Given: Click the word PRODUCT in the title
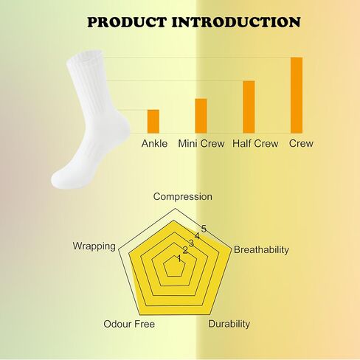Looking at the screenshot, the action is coord(127,22).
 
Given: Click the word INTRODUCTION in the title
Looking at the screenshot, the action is coord(236,22).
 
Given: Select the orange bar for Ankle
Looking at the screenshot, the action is coord(153,122).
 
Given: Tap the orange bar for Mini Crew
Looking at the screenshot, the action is coord(201,116).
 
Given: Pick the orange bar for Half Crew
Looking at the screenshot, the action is coord(249,107).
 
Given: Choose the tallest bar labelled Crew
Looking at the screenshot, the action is coord(297,95).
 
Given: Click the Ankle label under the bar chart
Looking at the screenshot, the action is coord(154,144).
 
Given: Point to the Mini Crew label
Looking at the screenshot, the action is coord(201,144).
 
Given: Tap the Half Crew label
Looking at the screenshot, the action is coord(255,144).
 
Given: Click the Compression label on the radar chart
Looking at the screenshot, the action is coord(183,197).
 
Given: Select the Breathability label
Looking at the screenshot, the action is coord(261,250).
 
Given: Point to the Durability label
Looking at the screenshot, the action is coord(229,324).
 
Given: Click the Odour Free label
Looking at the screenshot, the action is coord(129,324).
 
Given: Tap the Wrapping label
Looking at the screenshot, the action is coord(94,246).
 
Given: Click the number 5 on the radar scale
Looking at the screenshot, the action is coord(204,229).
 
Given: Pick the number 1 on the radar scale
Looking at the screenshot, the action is coord(179,258).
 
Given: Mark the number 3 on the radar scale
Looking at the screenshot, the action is coord(191,243).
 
